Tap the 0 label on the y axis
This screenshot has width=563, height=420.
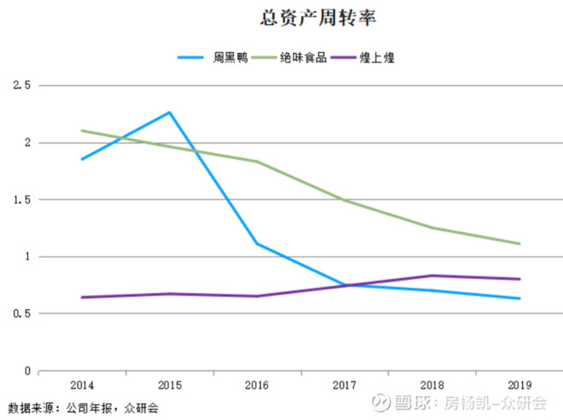[x=26, y=371]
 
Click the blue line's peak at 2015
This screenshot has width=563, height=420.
[x=170, y=112]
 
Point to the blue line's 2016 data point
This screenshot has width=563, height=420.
[x=257, y=243]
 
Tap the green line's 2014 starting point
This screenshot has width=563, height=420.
[x=83, y=131]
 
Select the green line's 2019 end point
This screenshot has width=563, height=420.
[x=519, y=244]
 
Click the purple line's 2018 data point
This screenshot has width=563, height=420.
[x=432, y=276]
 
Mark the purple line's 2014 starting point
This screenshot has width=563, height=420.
[x=83, y=297]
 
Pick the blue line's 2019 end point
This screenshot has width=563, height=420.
[x=519, y=299]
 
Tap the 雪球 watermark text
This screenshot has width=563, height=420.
[x=413, y=401]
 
